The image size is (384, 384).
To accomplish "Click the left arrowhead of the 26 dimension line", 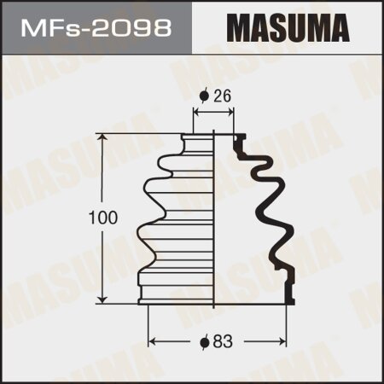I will pos(198,112).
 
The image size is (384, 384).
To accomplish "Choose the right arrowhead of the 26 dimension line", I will pos(232,112).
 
